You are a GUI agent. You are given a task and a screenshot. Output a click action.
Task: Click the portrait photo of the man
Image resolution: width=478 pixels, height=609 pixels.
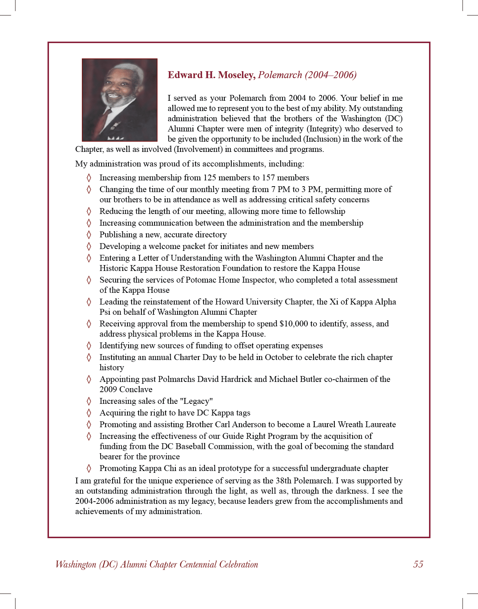click(x=119, y=100)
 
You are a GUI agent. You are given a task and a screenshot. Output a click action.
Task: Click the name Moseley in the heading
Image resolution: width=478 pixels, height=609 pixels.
click(x=236, y=75)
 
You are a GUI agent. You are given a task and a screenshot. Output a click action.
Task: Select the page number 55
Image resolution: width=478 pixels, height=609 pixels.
click(x=418, y=564)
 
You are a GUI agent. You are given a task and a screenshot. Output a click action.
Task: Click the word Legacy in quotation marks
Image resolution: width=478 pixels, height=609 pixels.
click(x=197, y=401)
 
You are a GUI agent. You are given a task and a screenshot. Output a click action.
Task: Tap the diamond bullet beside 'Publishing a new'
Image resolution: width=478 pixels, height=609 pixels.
click(x=89, y=235)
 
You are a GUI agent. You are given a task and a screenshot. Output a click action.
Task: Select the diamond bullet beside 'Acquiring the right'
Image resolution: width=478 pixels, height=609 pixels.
click(x=89, y=413)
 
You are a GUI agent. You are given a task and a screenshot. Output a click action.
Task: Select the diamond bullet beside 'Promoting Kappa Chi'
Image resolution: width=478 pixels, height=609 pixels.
click(x=89, y=468)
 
